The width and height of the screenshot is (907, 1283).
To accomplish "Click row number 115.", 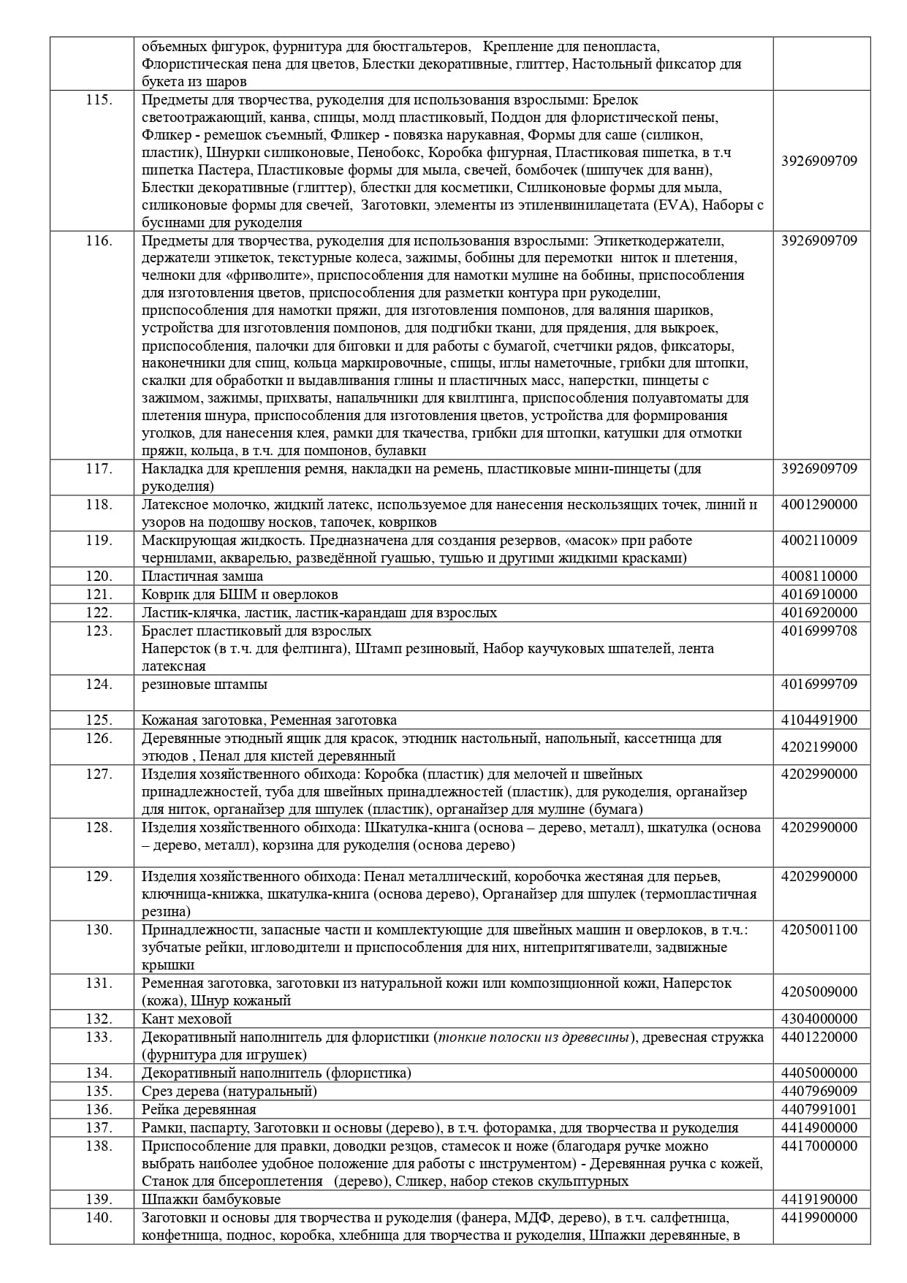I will [98, 99].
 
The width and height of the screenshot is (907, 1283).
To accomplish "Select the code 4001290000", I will [819, 504].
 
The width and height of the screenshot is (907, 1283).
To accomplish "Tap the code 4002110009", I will [819, 540].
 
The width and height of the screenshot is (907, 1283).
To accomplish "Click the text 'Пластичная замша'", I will [202, 576].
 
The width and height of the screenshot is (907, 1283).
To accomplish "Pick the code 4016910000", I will [819, 594].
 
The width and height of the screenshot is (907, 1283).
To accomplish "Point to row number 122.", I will [98, 612].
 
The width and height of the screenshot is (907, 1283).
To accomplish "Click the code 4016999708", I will [819, 631].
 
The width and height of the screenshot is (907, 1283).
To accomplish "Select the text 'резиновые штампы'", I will [205, 684].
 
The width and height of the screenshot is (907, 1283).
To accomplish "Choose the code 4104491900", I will [819, 720].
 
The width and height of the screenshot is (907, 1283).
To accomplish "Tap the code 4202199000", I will [819, 747].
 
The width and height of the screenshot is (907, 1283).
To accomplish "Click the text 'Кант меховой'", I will [186, 1019].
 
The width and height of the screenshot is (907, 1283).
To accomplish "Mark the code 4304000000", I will [819, 1019].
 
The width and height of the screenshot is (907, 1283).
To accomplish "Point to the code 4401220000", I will [819, 1037].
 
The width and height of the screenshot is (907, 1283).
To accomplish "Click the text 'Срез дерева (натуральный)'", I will [229, 1091].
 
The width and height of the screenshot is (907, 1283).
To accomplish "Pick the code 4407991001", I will [819, 1109].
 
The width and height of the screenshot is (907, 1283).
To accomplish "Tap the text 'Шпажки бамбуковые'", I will [211, 1199].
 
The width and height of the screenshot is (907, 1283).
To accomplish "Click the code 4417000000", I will [819, 1146].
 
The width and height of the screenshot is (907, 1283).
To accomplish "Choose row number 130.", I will [98, 929].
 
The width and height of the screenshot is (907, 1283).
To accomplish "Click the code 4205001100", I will [819, 929].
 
